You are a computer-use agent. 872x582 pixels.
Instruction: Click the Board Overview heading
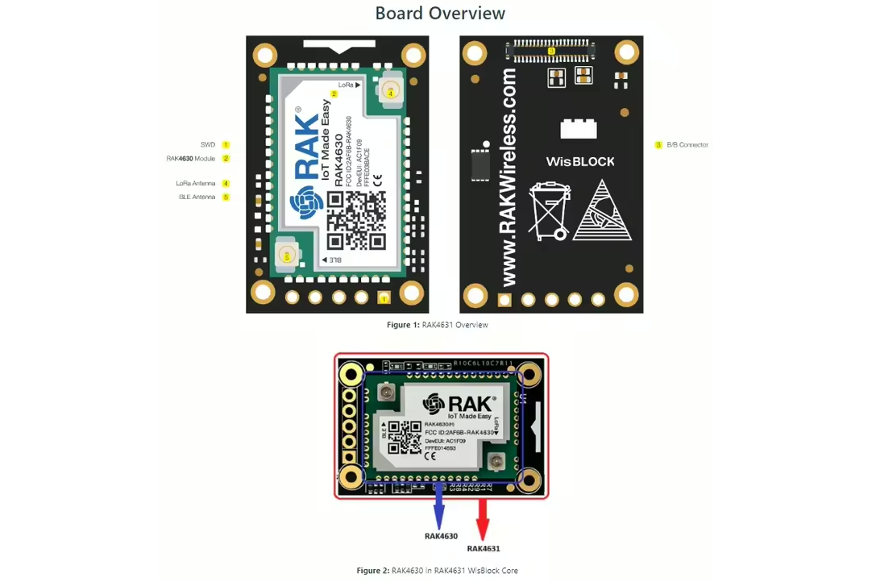click(440, 14)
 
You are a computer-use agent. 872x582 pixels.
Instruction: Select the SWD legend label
click(208, 145)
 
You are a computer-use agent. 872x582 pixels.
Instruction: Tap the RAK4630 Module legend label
click(191, 159)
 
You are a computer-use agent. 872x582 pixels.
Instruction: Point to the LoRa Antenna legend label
click(196, 184)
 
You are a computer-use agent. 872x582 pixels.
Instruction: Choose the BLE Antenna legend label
click(197, 197)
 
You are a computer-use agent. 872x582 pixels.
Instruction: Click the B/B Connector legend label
click(687, 145)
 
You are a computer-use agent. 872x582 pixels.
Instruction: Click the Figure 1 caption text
click(437, 325)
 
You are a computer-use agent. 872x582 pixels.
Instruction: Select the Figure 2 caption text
click(437, 571)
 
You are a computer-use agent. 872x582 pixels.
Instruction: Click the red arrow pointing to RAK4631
click(483, 518)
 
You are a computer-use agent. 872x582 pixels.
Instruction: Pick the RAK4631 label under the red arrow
click(483, 549)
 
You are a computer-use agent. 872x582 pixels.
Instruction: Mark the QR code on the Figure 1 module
click(355, 221)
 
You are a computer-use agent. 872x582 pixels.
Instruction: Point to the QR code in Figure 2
click(405, 437)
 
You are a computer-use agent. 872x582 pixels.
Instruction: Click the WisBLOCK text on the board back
click(579, 161)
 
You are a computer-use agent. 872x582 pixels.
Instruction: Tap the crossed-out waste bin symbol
click(550, 211)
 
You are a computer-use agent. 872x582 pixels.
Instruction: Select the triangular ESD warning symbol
click(602, 210)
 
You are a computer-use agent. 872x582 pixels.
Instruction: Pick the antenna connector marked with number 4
click(391, 93)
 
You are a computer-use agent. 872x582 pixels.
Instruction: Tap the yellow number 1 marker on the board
click(384, 299)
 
